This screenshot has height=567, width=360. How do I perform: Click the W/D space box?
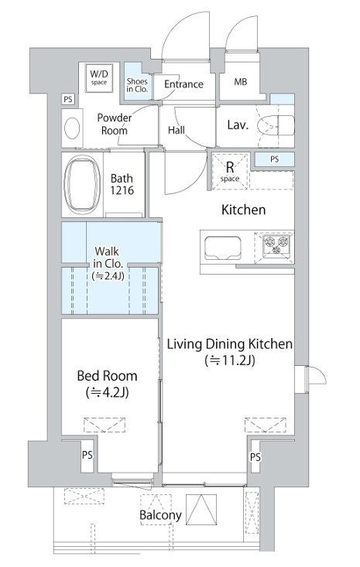99,77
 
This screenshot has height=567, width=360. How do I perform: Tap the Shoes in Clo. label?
137,85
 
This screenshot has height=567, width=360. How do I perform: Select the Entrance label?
183,84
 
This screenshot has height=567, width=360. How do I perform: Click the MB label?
241,82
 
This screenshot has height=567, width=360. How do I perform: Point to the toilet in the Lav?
276,126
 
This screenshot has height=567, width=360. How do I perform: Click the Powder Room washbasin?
72,128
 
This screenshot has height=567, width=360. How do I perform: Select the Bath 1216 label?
122,184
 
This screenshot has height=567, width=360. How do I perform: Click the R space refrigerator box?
230,171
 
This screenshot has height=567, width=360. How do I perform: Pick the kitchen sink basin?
223,248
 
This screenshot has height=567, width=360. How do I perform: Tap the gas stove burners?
277,243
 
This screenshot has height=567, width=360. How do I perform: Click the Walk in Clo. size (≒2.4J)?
108,276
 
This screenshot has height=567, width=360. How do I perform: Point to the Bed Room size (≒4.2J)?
108,392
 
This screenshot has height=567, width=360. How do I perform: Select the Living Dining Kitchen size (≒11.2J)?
230,360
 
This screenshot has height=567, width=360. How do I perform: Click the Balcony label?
160,515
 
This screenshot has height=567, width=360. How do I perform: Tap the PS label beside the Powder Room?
67,99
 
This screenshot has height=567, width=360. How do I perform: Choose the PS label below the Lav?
275,159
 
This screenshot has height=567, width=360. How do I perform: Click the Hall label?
177,130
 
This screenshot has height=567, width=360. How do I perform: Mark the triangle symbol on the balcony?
201,510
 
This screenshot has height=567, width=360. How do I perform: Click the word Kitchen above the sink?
244,210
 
